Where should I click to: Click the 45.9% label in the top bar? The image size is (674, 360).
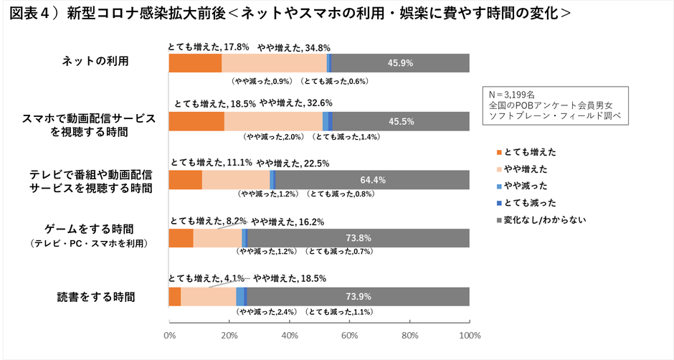[400, 63]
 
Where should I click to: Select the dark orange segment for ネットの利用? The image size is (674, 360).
[195, 63]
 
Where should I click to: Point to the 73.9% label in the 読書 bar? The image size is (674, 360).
[358, 296]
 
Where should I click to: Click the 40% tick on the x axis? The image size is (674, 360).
[290, 336]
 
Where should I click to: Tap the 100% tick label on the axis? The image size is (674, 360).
[470, 336]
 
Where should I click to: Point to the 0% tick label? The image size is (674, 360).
[169, 336]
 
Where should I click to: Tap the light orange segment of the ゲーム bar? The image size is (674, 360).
[217, 238]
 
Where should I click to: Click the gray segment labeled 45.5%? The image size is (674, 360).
[400, 121]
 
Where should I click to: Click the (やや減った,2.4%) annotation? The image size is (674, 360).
[265, 313]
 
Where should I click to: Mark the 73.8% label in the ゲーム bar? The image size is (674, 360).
[358, 238]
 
